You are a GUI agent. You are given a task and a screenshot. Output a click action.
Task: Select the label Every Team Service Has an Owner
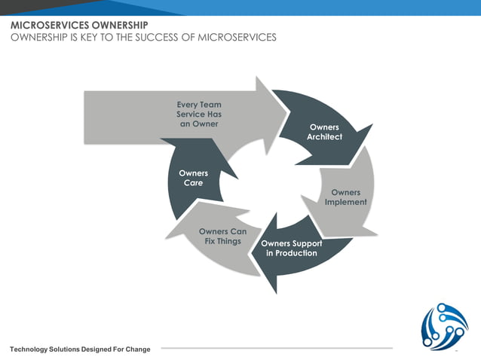tap(199, 114)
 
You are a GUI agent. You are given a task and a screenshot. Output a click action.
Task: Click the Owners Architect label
tap(324, 132)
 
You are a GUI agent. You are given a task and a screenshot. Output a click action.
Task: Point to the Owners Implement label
tap(345, 197)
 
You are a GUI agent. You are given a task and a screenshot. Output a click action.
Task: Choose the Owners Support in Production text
tap(291, 249)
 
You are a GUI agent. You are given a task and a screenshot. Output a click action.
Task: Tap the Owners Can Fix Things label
tap(222, 236)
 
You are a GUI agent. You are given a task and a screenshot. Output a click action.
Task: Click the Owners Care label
tap(193, 178)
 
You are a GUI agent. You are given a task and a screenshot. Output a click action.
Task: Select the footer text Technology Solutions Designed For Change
tap(80, 349)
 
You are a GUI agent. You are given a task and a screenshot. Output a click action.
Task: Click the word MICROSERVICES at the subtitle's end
tap(237, 37)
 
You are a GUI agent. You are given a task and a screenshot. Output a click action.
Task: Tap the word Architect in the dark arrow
tap(324, 137)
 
